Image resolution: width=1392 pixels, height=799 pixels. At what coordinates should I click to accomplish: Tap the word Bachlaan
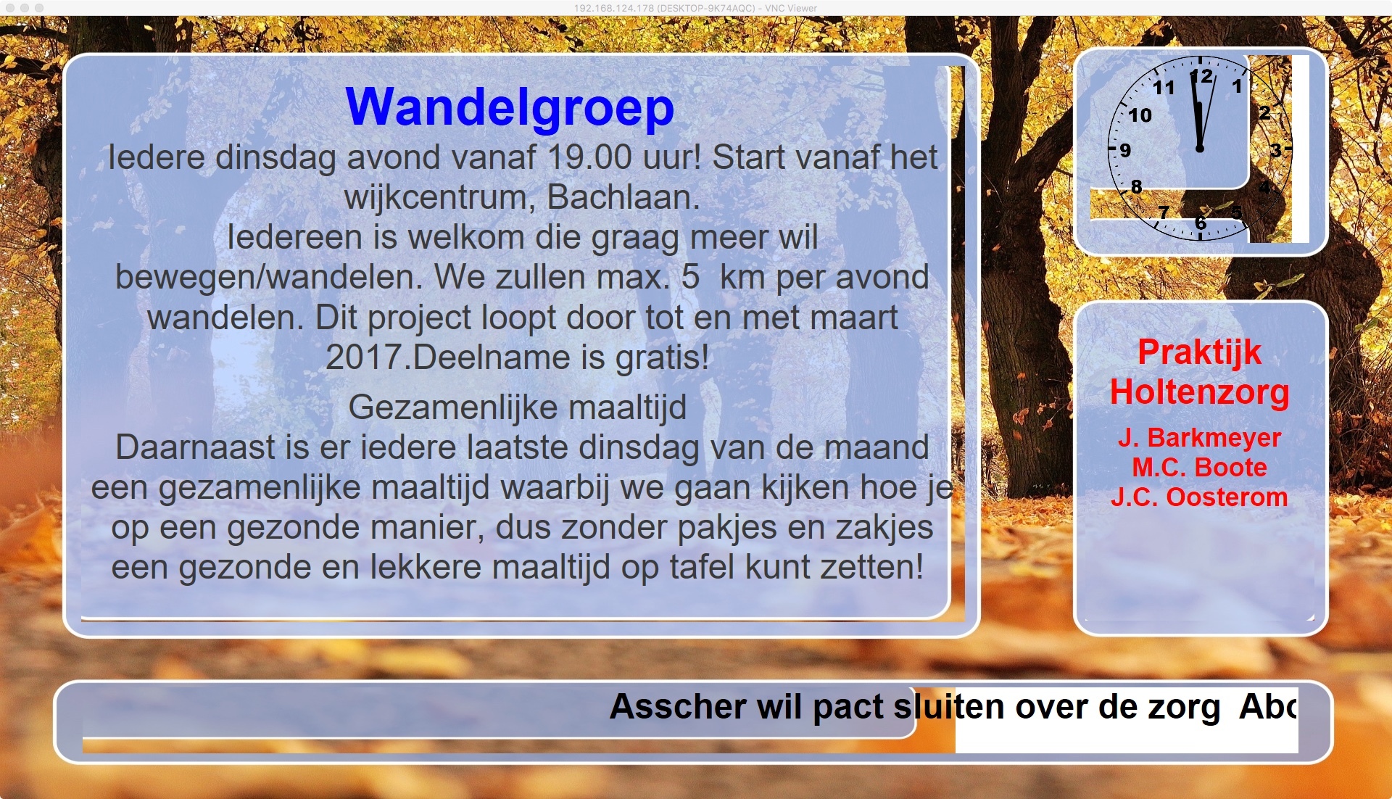click(x=623, y=197)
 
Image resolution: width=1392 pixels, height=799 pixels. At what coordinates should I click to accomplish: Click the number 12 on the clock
click(x=1202, y=76)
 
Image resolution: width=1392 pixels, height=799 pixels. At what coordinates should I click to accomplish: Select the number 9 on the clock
click(x=1125, y=150)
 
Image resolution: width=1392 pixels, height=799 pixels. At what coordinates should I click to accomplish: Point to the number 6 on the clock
click(x=1201, y=223)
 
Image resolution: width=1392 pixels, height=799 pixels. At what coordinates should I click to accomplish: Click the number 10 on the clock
click(x=1140, y=115)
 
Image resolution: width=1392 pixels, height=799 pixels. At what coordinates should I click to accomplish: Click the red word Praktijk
click(x=1200, y=353)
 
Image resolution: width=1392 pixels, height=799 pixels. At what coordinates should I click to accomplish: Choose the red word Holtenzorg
click(x=1200, y=392)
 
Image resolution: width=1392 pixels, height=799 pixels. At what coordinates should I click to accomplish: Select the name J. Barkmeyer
click(x=1200, y=438)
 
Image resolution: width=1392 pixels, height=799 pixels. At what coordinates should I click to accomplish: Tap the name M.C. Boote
click(x=1200, y=468)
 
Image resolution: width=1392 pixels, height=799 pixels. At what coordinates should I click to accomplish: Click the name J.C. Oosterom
click(x=1200, y=497)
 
